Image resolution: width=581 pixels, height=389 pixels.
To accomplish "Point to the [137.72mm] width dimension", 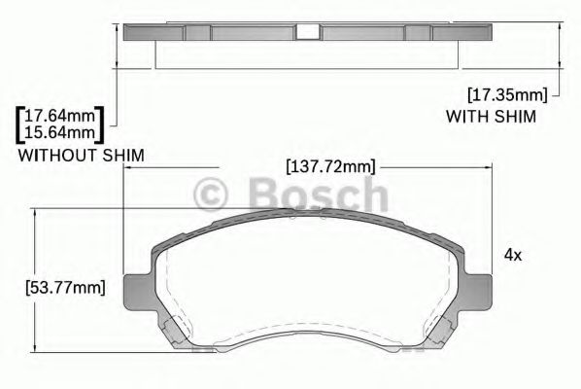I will (x=330, y=166).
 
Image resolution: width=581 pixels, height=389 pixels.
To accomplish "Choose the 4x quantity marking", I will (x=513, y=255).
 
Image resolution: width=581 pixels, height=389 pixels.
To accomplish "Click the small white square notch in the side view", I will (x=306, y=31).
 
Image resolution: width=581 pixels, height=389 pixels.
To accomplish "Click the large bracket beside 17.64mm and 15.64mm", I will (x=18, y=123).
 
